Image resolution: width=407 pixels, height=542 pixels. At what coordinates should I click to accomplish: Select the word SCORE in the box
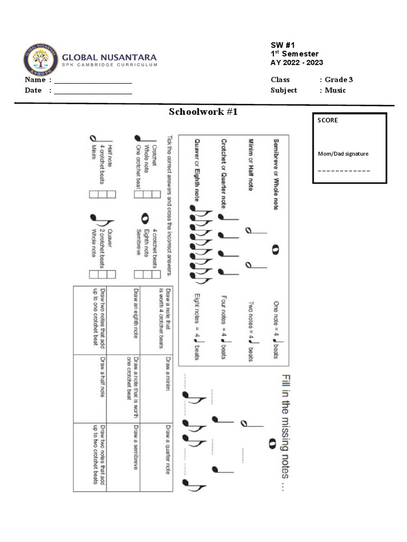click(328, 120)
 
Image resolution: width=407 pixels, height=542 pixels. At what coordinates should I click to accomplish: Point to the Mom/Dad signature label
click(343, 154)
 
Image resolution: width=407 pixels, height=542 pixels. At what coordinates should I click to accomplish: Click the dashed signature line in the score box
click(343, 171)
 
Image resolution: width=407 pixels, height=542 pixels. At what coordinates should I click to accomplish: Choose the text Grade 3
click(339, 79)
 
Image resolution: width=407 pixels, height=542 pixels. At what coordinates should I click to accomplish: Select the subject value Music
click(335, 90)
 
